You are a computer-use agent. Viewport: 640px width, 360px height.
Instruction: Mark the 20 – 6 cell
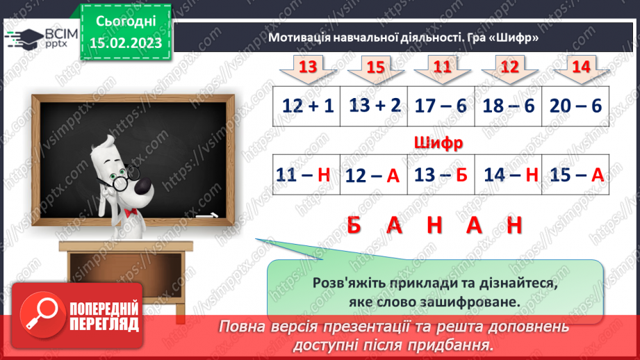click(575, 106)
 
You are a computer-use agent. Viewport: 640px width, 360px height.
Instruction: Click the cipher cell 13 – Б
click(441, 175)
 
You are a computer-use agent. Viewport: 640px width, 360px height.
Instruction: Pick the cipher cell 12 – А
click(374, 175)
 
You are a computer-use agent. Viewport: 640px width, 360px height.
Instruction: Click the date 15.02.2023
click(125, 43)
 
